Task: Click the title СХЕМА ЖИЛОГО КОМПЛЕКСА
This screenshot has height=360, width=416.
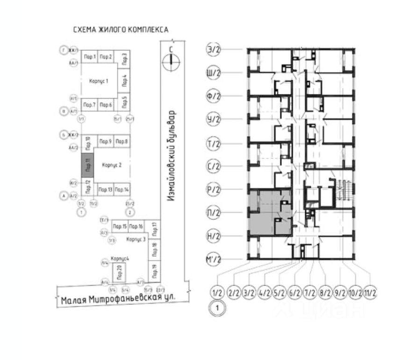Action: [x=121, y=30]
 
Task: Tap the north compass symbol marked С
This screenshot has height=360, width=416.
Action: [x=172, y=59]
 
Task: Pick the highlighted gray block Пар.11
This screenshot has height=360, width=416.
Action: [x=87, y=165]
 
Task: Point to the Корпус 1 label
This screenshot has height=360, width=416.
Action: [x=99, y=81]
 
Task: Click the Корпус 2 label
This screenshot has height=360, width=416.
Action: [x=112, y=165]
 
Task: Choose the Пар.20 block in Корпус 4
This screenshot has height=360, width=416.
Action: [x=119, y=271]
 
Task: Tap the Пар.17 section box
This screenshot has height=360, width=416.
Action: [x=154, y=229]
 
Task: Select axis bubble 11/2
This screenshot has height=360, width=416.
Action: [x=370, y=294]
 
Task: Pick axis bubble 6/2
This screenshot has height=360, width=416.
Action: [x=294, y=294]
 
